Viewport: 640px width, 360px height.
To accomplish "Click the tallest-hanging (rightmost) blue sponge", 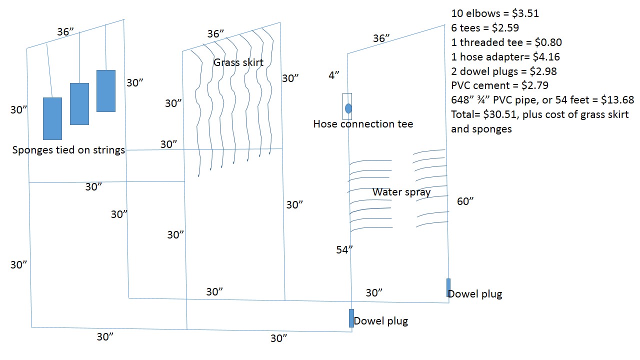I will (106, 90).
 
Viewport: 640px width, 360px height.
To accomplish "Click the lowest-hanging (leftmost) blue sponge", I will (52, 118).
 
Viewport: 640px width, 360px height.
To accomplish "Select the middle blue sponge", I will (79, 103).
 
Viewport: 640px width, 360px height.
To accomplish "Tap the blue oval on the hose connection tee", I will (348, 108).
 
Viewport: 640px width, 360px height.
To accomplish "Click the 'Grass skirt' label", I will (238, 62).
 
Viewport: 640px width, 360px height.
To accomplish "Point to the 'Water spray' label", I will (401, 192).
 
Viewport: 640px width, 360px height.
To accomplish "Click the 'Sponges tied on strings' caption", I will (68, 149).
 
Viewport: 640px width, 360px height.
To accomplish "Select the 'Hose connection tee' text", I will (363, 123).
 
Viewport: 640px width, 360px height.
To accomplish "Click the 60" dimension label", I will (465, 201).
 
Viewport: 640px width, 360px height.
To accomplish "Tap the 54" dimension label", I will (345, 250).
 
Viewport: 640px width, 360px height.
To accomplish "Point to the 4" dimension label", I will (334, 75).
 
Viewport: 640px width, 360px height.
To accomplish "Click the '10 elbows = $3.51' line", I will (495, 13).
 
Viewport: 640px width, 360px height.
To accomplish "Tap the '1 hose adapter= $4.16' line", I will (505, 57).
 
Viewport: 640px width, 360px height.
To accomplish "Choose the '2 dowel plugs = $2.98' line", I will (503, 71).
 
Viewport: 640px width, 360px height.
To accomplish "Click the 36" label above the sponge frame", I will (65, 32).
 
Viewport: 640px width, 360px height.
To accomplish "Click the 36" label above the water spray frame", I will (382, 38).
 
